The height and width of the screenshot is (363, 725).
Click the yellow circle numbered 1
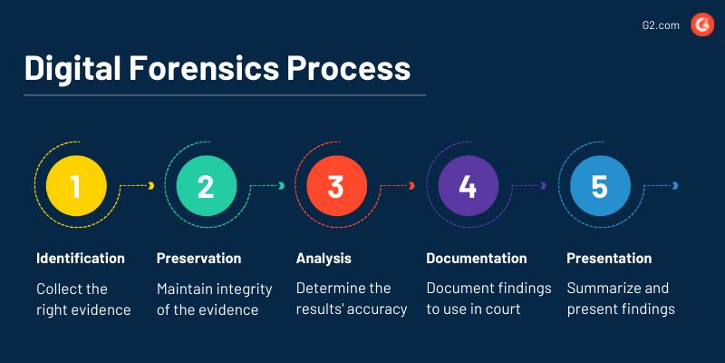(x=76, y=186)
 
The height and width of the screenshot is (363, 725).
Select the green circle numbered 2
(x=206, y=186)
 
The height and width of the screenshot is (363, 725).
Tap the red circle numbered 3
(x=336, y=186)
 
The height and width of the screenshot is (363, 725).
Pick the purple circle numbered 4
(x=468, y=186)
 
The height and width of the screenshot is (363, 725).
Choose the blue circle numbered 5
(x=599, y=186)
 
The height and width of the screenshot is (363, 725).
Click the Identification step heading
(x=81, y=259)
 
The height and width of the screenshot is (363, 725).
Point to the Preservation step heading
(x=198, y=259)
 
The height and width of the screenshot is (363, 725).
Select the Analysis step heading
(x=324, y=259)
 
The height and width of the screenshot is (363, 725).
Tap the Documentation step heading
(x=477, y=259)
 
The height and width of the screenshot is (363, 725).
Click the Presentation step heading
(x=609, y=259)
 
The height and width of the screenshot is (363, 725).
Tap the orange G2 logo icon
(x=701, y=25)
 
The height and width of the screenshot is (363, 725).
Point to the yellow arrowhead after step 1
(x=151, y=186)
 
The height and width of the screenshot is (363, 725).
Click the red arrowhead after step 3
(x=412, y=186)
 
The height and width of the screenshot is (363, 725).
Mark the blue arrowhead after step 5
(x=676, y=186)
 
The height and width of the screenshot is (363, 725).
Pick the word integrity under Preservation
(x=245, y=289)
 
